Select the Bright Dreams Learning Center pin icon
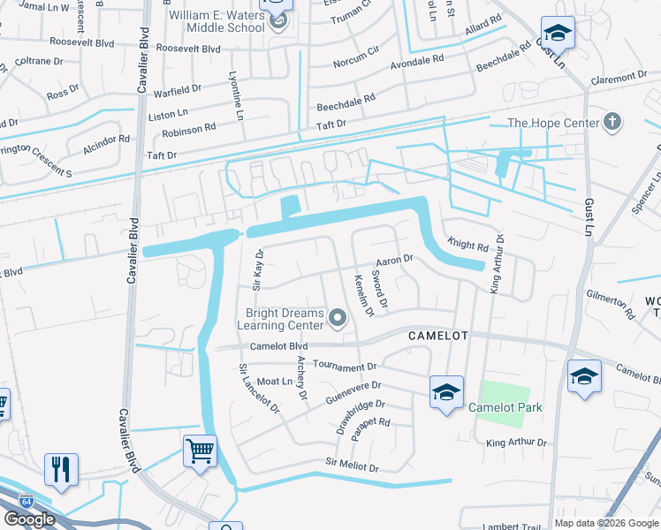pyautogui.click(x=337, y=316)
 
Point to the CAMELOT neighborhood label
pyautogui.click(x=437, y=337)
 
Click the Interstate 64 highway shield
pyautogui.click(x=28, y=500)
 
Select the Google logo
pyautogui.click(x=30, y=519)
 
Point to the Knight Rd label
pyautogui.click(x=467, y=244)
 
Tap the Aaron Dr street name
pyautogui.click(x=394, y=261)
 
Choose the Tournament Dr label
pyautogui.click(x=345, y=366)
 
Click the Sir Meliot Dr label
pyautogui.click(x=352, y=465)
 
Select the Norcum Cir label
pyautogui.click(x=356, y=63)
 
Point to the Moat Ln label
pyautogui.click(x=274, y=382)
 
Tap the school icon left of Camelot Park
pyautogui.click(x=446, y=390)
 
